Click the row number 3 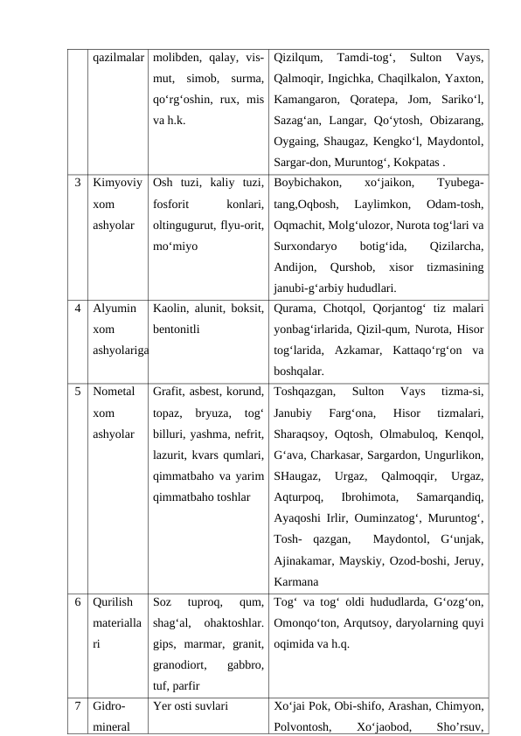[79, 184]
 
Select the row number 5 [79, 392]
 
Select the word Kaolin [169, 309]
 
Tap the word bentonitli [177, 330]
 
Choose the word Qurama [294, 309]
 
